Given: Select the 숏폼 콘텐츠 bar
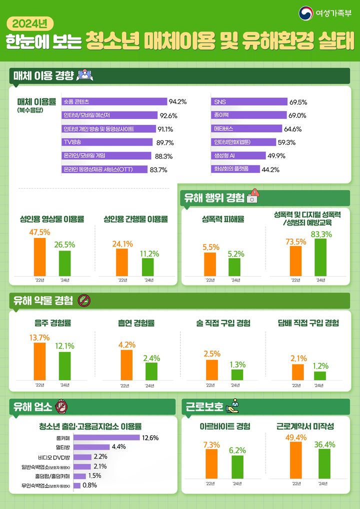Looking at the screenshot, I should [x=114, y=102].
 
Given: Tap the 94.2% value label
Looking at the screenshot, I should [x=177, y=102].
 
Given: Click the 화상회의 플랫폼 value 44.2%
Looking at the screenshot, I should [x=270, y=169].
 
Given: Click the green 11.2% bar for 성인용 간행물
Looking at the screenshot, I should [x=147, y=266].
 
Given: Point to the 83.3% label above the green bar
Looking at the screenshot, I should [x=321, y=234].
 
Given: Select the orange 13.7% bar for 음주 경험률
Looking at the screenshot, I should [x=39, y=361].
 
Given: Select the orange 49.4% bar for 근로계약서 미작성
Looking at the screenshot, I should [x=296, y=460].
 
